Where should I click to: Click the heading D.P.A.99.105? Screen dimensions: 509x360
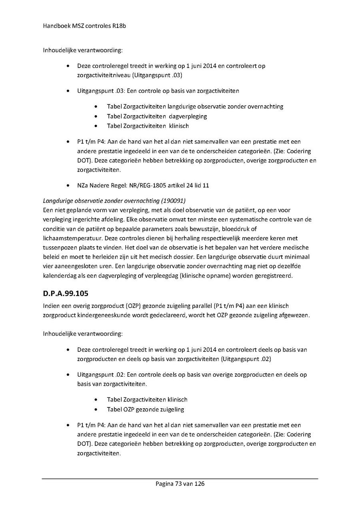66,293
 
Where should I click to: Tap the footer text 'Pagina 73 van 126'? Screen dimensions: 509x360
180,484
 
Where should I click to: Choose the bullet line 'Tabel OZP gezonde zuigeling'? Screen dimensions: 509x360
146,409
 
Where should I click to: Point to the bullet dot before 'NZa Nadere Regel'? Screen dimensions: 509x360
70,186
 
